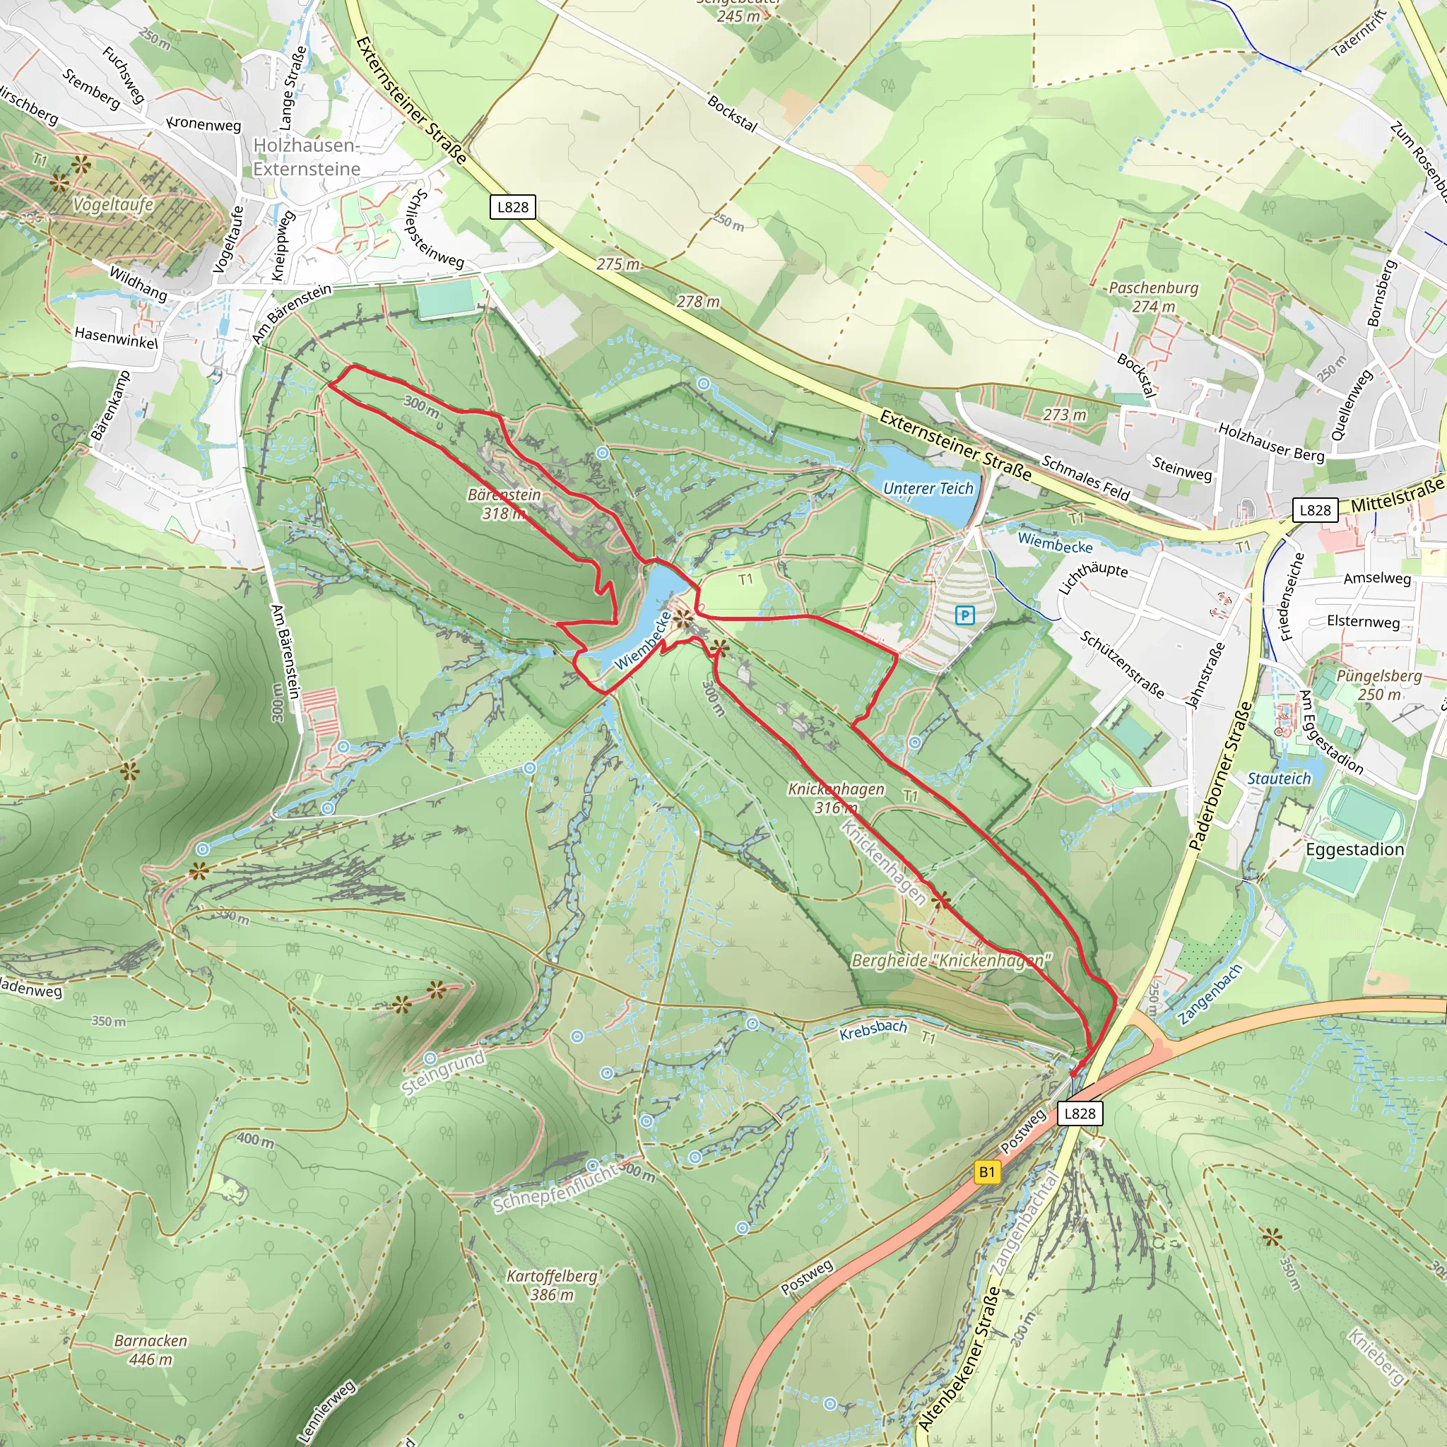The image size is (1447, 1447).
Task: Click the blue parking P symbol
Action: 964,615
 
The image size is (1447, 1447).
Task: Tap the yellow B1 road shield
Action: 987,1172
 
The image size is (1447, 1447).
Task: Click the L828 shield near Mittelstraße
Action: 1315,510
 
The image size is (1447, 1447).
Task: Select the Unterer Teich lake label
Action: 928,488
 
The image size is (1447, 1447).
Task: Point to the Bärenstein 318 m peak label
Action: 504,504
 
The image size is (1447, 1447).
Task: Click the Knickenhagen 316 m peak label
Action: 836,798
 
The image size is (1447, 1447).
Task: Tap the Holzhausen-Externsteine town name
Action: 307,157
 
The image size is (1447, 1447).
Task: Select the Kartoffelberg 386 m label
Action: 552,1285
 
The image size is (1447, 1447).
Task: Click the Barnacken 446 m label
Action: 150,1349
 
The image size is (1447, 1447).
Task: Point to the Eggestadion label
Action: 1355,849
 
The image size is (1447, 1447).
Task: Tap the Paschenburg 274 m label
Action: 1153,297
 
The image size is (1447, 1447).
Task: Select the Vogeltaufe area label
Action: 113,204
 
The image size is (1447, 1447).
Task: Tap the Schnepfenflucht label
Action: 555,1189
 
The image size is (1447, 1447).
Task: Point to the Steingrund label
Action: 442,1073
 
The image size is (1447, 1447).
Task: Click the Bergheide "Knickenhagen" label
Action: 951,960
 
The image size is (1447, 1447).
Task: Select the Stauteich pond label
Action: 1278,778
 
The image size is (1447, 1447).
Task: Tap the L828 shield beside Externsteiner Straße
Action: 513,207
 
